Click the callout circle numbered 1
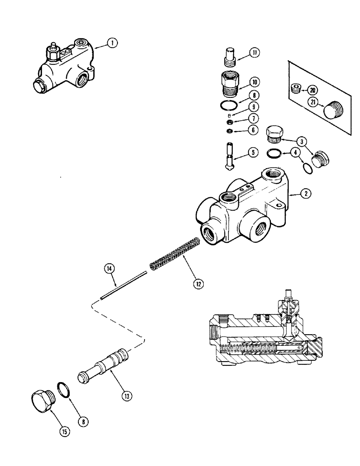pyautogui.click(x=112, y=43)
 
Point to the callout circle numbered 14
pyautogui.click(x=109, y=268)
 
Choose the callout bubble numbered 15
pyautogui.click(x=65, y=432)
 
